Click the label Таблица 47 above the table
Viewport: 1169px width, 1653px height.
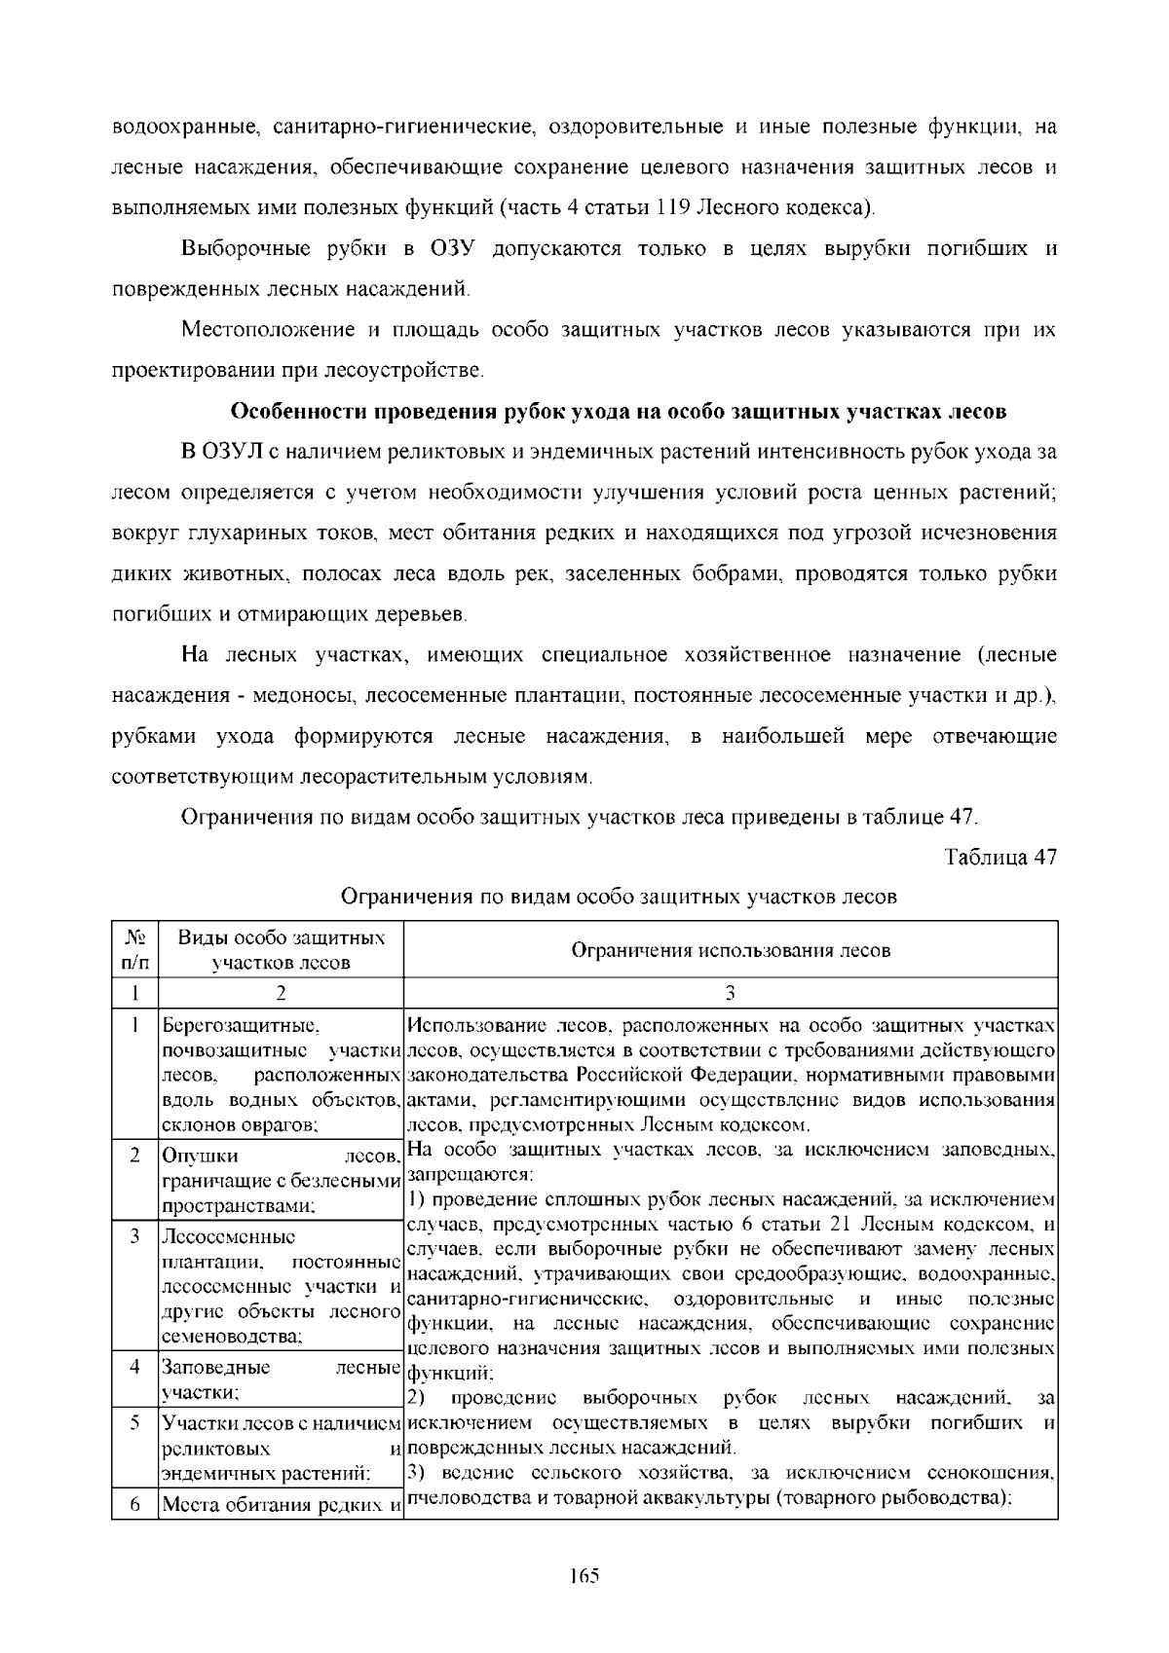[x=1000, y=858]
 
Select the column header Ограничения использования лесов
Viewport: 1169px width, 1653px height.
[x=730, y=950]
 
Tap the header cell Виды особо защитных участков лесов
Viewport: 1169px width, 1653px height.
[x=281, y=950]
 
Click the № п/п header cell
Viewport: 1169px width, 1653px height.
[x=134, y=950]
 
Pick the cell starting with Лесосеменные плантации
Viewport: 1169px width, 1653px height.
[x=281, y=1286]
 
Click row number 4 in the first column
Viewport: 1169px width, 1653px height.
[x=134, y=1367]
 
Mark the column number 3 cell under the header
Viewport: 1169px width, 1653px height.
[x=730, y=993]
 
